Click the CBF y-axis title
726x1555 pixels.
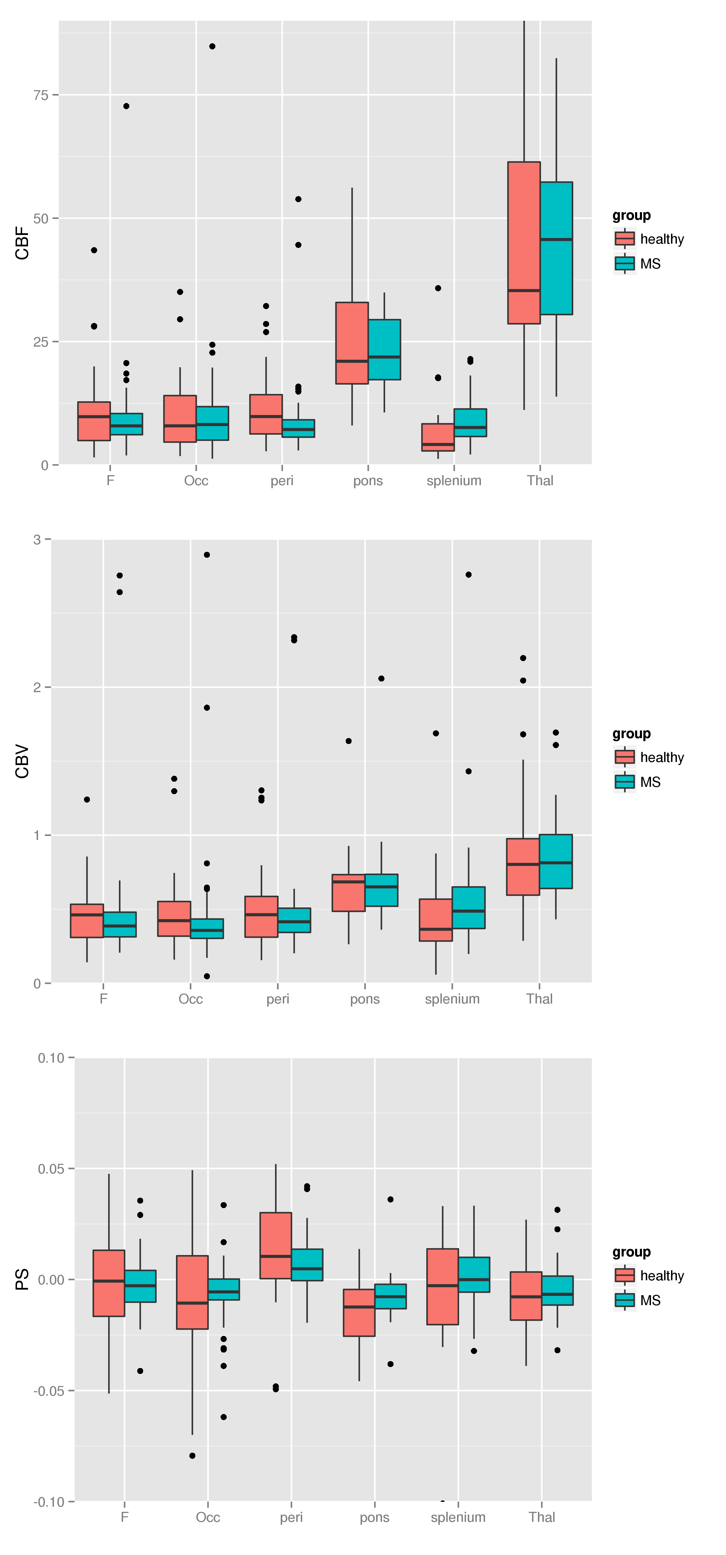click(x=22, y=243)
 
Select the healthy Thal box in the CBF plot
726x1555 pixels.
click(x=524, y=243)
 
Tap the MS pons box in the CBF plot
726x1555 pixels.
click(x=384, y=349)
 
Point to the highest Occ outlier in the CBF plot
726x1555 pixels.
click(x=212, y=47)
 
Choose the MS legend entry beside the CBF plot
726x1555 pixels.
click(x=649, y=264)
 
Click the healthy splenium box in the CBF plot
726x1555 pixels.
click(x=438, y=437)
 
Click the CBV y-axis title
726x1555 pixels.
click(x=22, y=761)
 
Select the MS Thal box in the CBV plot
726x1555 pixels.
click(x=556, y=861)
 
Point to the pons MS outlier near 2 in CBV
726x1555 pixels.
click(x=381, y=679)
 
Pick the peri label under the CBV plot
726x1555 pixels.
click(x=278, y=999)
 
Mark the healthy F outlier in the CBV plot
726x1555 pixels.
click(x=87, y=799)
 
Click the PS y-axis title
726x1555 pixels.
click(x=22, y=1279)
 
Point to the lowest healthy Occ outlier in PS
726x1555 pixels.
click(x=192, y=1455)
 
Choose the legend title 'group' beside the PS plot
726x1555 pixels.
click(x=631, y=1252)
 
